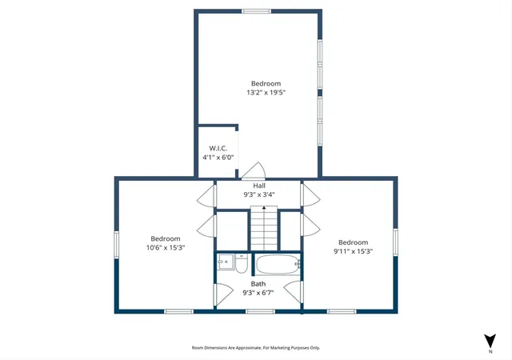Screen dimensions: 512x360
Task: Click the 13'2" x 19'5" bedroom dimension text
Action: pyautogui.click(x=266, y=93)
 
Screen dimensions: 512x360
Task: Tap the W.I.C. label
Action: pyautogui.click(x=218, y=148)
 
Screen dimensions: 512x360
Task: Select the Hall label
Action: pyautogui.click(x=259, y=186)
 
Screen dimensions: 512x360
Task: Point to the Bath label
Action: pyautogui.click(x=258, y=284)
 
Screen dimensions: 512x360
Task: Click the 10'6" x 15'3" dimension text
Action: pyautogui.click(x=166, y=248)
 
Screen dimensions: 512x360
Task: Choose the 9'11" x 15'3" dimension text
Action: pyautogui.click(x=353, y=251)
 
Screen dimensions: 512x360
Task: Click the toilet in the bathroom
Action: pyautogui.click(x=242, y=264)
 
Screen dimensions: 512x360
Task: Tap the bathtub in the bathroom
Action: pyautogui.click(x=278, y=264)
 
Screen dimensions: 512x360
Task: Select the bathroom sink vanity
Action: pyautogui.click(x=226, y=262)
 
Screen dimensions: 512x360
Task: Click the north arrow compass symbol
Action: pyautogui.click(x=490, y=342)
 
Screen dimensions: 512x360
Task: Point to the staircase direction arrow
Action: pyautogui.click(x=264, y=207)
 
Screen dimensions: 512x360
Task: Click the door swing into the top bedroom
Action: pyautogui.click(x=254, y=170)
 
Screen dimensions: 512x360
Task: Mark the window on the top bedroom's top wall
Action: pyautogui.click(x=256, y=11)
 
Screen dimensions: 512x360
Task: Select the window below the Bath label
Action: pyautogui.click(x=260, y=312)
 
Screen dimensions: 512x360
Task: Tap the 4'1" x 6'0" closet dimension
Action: pyautogui.click(x=218, y=158)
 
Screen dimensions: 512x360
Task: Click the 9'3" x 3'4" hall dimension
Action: pyautogui.click(x=259, y=194)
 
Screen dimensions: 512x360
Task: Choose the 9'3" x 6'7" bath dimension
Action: pyautogui.click(x=258, y=293)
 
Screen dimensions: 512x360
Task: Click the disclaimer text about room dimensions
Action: pyautogui.click(x=256, y=348)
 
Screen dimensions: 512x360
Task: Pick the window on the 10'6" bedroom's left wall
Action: pyautogui.click(x=116, y=244)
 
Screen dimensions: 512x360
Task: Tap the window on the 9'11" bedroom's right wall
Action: pyautogui.click(x=395, y=242)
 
